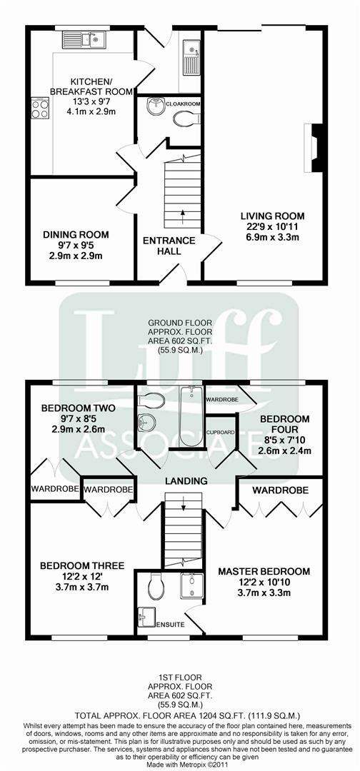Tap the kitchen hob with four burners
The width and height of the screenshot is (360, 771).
pos(39,108)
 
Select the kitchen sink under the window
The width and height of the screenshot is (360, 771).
pos(94,40)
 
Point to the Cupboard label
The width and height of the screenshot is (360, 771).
pos(221,433)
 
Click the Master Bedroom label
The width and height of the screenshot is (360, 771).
pos(264,571)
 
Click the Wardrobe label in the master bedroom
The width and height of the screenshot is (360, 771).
pos(280,490)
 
